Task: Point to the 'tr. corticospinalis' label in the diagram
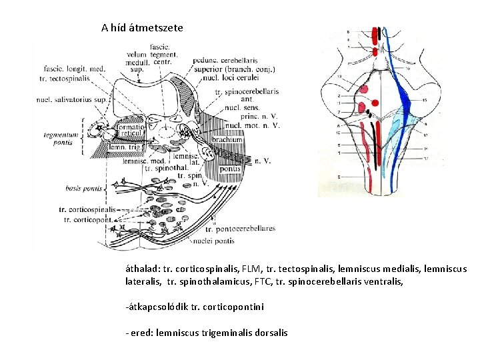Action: pos(89,209)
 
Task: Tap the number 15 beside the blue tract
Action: pos(425,100)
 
